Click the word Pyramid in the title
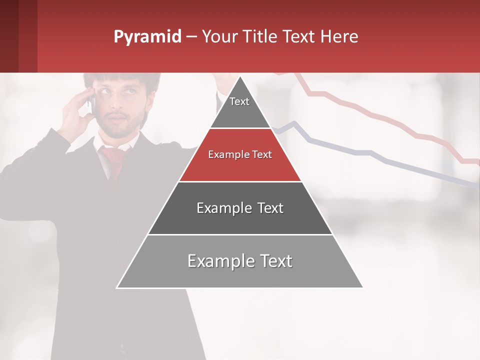(147, 37)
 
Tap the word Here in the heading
(339, 37)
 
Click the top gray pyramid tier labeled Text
(239, 107)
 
